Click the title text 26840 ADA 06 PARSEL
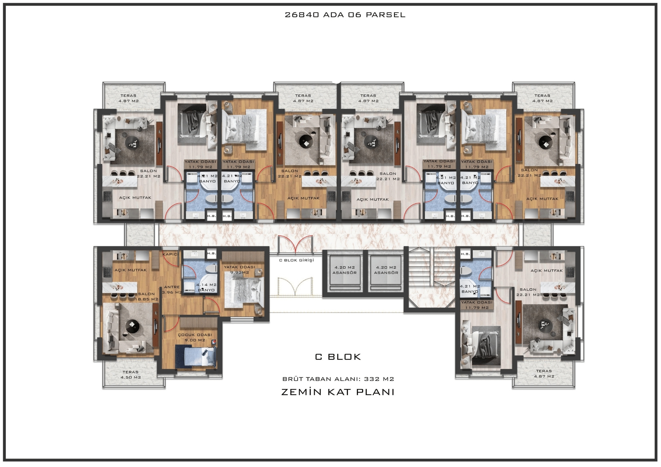345,15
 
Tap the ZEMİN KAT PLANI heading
338,392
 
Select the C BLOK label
338,357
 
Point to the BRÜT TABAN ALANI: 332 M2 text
338,379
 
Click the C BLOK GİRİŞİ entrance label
296,260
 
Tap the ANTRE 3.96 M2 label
172,290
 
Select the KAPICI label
170,254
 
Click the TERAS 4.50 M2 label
130,374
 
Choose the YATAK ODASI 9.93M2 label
239,270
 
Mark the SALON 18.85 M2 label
147,297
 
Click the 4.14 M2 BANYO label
206,287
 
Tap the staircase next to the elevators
430,279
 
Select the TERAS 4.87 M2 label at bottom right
544,373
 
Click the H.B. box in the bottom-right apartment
465,254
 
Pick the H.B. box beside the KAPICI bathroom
212,253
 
